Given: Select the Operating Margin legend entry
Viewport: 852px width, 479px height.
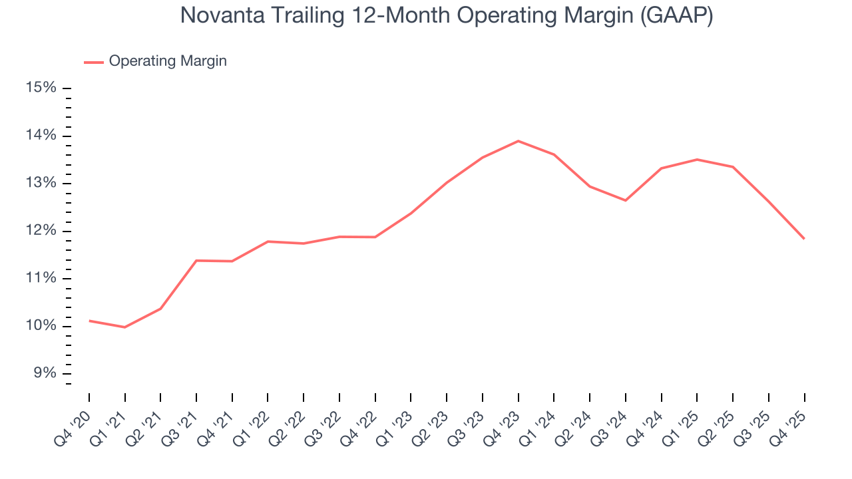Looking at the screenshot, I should click(x=167, y=61).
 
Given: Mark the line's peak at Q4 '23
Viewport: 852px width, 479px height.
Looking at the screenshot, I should click(x=518, y=141).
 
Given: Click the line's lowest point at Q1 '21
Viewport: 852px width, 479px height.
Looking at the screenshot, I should click(x=124, y=327).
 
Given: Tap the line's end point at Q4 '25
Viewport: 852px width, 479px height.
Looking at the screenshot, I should click(x=804, y=238).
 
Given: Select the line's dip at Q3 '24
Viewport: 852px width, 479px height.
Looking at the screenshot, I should click(x=626, y=200).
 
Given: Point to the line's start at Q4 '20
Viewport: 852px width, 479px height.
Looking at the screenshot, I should click(x=89, y=321).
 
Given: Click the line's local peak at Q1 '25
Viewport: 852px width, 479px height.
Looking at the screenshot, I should click(x=697, y=160).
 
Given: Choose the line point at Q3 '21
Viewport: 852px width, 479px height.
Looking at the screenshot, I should click(x=196, y=260).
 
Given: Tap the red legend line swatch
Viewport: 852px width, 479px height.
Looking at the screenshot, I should click(x=93, y=62).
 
